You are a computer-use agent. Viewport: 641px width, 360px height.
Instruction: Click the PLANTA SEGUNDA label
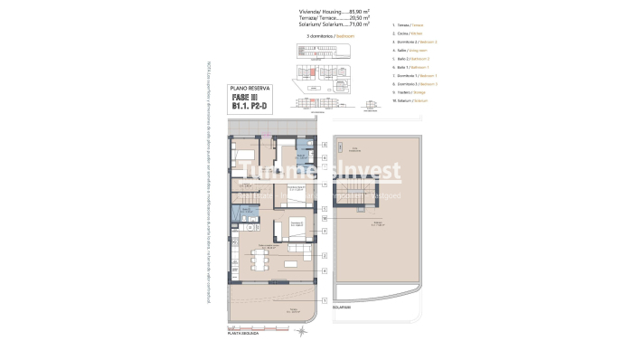click(242, 333)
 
